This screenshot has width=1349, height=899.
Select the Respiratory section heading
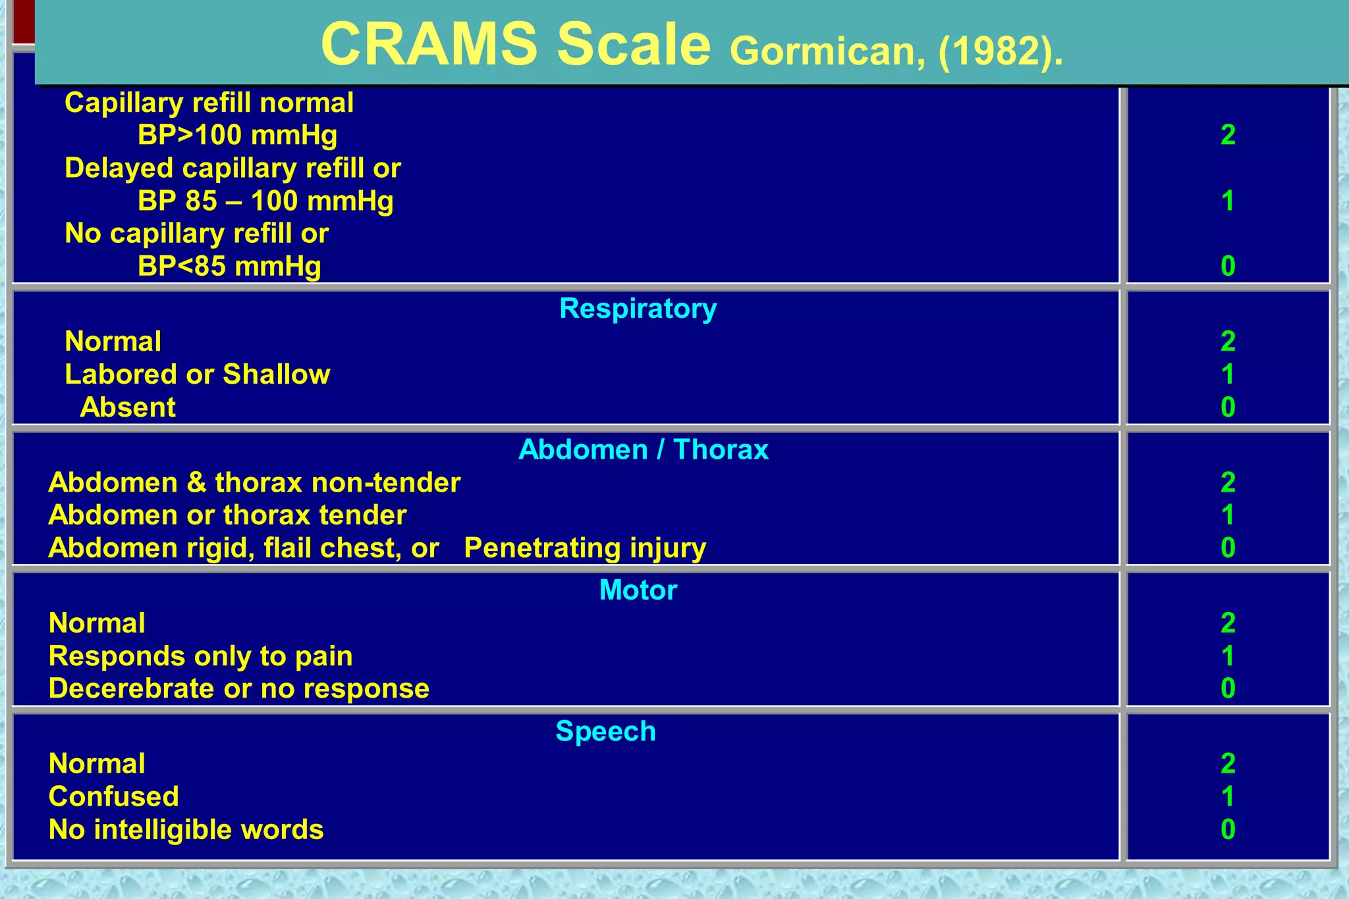click(638, 308)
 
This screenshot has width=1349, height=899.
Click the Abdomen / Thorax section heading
click(643, 449)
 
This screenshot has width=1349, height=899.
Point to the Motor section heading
click(638, 590)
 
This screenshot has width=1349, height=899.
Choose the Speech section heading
click(605, 731)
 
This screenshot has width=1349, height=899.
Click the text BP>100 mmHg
click(237, 136)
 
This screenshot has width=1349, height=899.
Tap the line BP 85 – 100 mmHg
click(265, 201)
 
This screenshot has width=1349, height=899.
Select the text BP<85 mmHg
click(229, 267)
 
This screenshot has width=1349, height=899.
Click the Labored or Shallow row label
click(197, 374)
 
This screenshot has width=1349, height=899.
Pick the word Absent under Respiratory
click(128, 407)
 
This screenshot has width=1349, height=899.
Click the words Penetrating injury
click(585, 548)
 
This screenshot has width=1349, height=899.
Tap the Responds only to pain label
click(200, 656)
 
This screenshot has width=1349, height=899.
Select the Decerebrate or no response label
click(238, 688)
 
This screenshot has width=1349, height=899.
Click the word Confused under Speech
click(113, 796)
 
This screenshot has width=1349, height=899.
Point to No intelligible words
click(186, 829)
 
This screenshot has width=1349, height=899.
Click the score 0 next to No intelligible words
click(1228, 829)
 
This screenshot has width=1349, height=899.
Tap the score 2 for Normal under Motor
click(1228, 623)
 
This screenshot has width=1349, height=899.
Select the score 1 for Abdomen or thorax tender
click(1228, 515)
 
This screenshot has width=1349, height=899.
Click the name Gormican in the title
click(822, 51)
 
